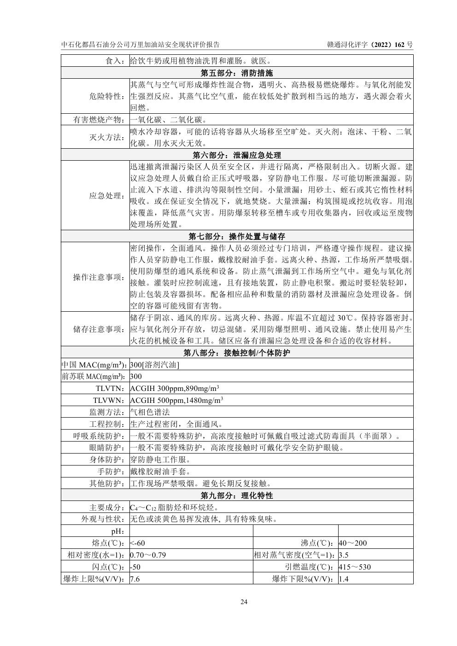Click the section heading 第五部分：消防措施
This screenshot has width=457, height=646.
237,73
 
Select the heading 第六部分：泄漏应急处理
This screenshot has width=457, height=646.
237,155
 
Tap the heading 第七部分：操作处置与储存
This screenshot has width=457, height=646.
237,236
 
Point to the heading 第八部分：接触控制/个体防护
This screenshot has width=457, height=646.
237,353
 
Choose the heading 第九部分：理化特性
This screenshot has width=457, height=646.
237,495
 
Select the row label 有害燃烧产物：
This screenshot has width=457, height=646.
99,120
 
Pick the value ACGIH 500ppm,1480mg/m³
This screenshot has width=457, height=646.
176,400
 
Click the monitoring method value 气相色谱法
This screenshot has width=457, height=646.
150,412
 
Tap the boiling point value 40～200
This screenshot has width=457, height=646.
353,543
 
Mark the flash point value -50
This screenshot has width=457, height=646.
135,567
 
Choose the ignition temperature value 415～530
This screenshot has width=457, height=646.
355,567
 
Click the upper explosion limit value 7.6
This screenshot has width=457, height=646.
135,579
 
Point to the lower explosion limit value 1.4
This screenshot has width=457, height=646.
344,579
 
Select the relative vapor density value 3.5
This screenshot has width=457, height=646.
344,555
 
